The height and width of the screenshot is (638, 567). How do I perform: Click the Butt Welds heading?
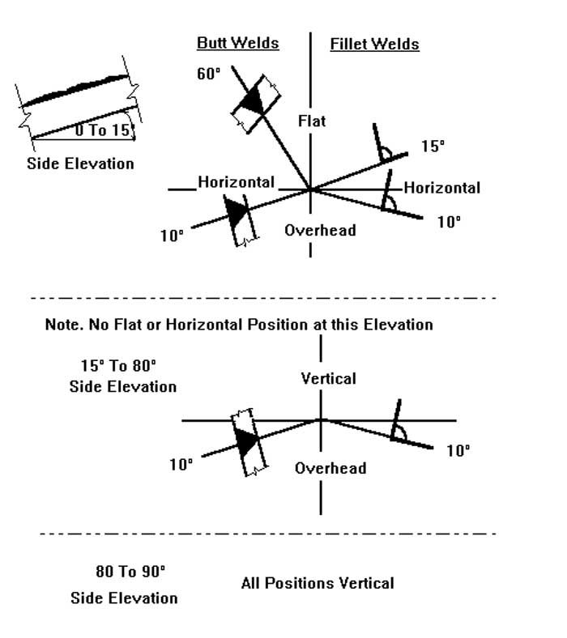237,43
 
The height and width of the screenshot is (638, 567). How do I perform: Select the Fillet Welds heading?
374,45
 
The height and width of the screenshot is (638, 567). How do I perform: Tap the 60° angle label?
209,74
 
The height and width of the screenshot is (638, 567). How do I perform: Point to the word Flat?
312,121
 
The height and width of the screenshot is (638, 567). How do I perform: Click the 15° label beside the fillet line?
433,146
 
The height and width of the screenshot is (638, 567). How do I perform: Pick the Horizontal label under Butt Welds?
236,182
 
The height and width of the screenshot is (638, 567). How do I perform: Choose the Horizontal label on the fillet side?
442,188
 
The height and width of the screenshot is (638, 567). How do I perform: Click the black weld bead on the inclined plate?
75,91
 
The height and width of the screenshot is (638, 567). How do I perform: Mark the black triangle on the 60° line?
254,100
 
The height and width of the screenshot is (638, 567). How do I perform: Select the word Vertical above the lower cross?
329,379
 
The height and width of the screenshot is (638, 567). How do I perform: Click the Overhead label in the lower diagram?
330,468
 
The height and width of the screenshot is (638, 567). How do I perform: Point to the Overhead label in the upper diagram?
320,230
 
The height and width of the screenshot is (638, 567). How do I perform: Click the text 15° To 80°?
118,366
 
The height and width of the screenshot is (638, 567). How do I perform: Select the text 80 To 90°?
130,572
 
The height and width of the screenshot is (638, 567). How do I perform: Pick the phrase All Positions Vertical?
318,584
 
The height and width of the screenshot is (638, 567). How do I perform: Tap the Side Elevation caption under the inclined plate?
80,164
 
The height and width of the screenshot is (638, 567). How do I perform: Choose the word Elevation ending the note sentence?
398,325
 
